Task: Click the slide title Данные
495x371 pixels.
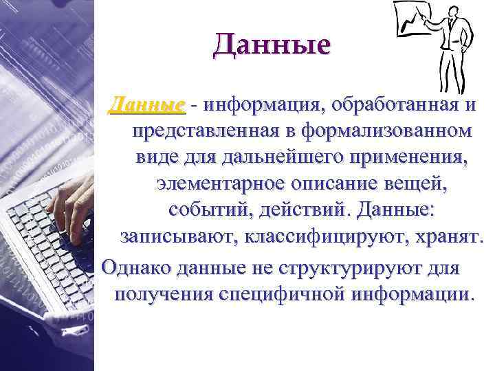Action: click(272, 45)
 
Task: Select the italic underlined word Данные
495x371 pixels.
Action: click(148, 106)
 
